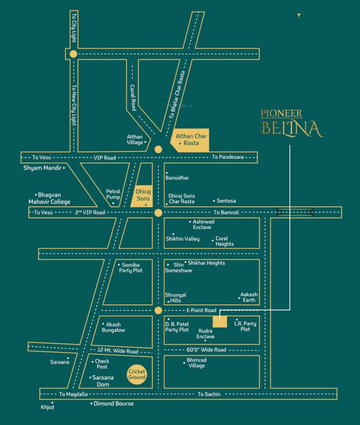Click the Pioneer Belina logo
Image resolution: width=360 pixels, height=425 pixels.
(291, 123)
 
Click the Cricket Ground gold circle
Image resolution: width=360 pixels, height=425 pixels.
(137, 375)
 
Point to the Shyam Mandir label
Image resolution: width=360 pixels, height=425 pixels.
(42, 167)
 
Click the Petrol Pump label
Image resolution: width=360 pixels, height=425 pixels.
(113, 194)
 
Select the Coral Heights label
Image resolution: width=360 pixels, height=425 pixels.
(224, 241)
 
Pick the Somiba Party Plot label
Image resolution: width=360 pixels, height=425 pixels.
(130, 267)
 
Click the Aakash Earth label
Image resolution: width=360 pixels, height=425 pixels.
(249, 297)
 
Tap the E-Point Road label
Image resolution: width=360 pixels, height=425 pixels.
(201, 310)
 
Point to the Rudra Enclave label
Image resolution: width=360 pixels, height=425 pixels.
(205, 334)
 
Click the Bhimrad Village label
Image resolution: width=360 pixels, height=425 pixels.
(197, 363)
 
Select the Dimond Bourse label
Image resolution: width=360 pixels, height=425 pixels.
(114, 403)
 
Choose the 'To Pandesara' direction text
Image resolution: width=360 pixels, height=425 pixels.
(227, 158)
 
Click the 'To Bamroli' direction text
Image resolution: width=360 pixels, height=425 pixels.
(228, 212)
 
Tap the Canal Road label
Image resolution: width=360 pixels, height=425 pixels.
(133, 97)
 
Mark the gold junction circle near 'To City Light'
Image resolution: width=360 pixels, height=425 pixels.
(73, 54)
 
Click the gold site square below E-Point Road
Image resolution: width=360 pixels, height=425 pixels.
(219, 320)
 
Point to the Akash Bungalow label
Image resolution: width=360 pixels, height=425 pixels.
(114, 327)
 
